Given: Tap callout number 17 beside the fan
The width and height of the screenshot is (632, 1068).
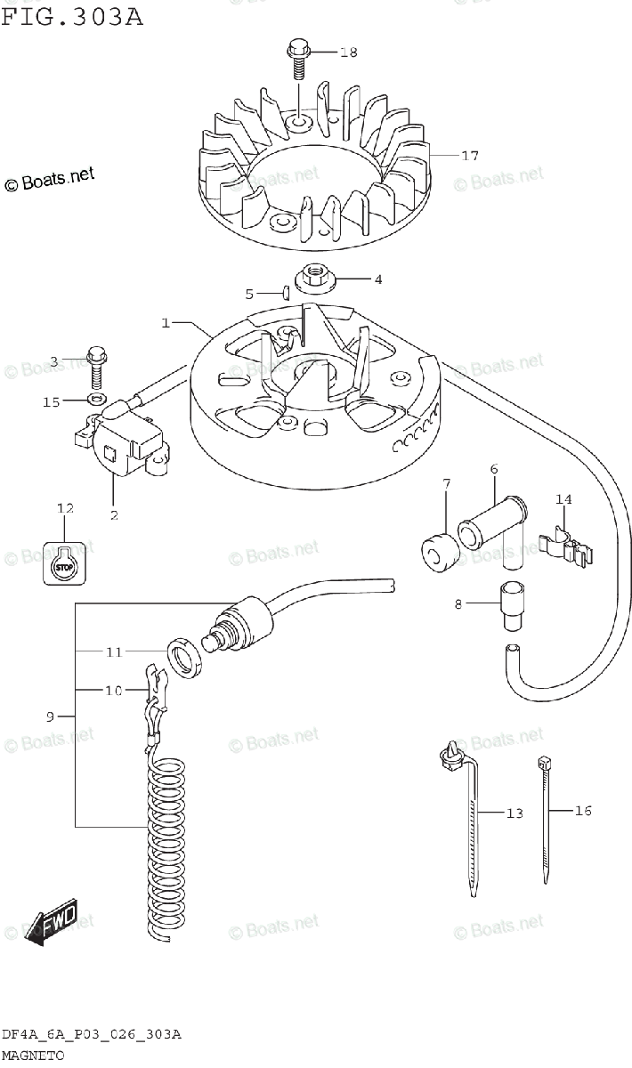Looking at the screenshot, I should [470, 156].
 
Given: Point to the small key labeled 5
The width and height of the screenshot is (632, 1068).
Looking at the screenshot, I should [287, 291].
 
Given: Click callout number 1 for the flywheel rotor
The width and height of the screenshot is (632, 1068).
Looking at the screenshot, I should [166, 323].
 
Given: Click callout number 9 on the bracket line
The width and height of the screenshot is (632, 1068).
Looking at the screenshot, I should [50, 716].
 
